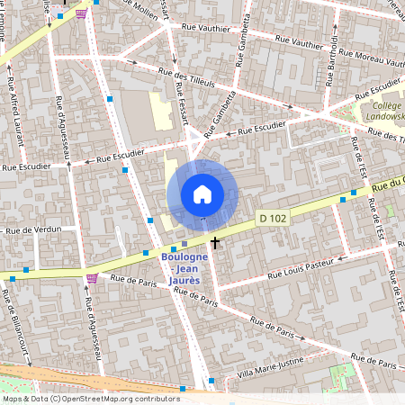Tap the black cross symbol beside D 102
coord(215,243)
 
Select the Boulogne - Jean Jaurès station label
coord(184,267)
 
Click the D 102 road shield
coord(273,218)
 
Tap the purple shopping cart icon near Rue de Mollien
coord(82,13)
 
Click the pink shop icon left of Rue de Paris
coord(91,278)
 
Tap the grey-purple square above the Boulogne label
coord(184,244)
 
